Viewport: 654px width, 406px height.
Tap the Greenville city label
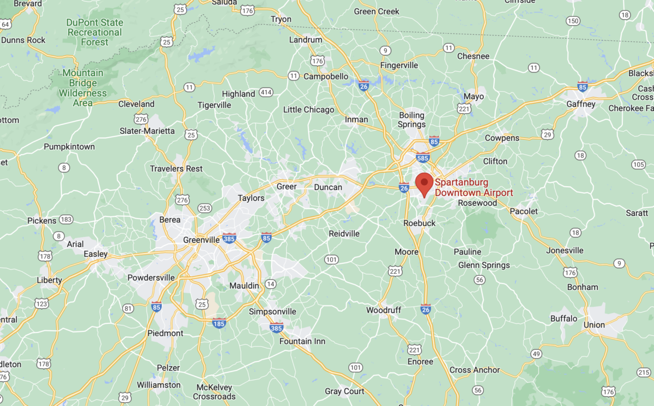click(201, 239)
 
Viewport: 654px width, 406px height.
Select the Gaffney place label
click(581, 104)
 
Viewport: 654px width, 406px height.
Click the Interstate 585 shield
click(422, 158)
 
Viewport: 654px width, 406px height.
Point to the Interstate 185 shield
click(219, 323)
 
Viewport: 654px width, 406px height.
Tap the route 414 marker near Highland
click(266, 92)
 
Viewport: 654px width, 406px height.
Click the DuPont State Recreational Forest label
click(95, 32)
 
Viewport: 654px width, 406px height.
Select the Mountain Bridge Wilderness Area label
click(83, 88)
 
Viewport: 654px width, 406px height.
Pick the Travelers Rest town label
click(176, 169)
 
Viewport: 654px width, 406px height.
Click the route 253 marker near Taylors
click(205, 208)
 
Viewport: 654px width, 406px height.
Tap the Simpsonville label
click(272, 311)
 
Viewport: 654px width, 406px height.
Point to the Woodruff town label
click(384, 310)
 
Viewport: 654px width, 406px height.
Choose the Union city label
click(594, 325)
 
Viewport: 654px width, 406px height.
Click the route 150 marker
click(572, 21)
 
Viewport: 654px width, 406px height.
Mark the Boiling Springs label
click(412, 120)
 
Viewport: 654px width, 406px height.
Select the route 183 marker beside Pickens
click(66, 219)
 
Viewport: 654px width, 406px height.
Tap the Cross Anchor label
click(475, 370)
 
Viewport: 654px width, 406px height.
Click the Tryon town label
click(281, 20)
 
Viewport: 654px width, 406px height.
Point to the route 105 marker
click(638, 164)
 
